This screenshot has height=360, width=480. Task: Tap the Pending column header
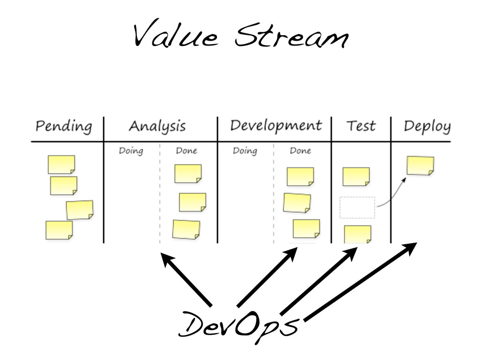pos(64,127)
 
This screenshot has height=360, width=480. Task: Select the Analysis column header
pos(157,127)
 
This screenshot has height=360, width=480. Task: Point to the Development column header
pos(276,126)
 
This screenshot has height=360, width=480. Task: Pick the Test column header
pos(361,126)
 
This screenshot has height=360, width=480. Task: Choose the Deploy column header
pos(427,127)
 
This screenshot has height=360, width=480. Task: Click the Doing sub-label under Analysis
pos(131,151)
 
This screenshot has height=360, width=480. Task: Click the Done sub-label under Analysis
pos(186,151)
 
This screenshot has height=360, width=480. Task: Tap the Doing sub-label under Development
pos(245,151)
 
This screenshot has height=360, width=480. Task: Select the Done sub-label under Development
pos(300,151)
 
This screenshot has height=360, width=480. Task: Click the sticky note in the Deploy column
pos(420,165)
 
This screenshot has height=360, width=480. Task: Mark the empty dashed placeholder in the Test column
pos(357,207)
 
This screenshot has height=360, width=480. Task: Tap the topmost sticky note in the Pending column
pos(61,165)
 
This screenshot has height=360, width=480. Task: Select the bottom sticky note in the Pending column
pos(59,230)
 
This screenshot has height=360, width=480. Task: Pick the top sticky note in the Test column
pos(356,176)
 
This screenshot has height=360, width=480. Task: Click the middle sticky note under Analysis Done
pos(192,202)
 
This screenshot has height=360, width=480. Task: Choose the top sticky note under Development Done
pos(300,177)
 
